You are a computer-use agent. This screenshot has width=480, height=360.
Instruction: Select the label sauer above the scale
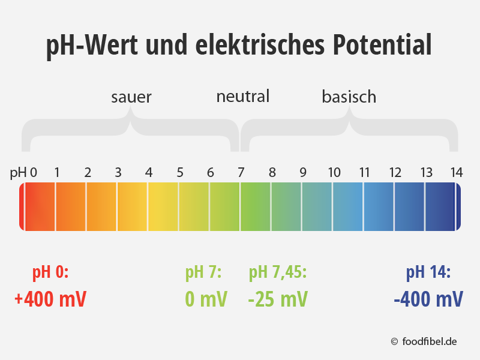click(x=131, y=97)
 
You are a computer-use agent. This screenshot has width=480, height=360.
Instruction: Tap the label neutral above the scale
click(x=243, y=96)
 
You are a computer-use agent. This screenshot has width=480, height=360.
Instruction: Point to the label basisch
click(x=349, y=96)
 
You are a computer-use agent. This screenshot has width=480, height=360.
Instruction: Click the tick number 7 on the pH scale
click(x=241, y=173)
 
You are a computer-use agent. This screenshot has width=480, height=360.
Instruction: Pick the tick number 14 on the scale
click(x=457, y=173)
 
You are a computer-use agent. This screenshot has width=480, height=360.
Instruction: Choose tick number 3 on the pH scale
click(x=118, y=173)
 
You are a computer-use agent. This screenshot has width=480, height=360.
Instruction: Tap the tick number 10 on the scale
click(x=334, y=173)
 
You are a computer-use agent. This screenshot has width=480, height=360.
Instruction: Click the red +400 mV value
click(x=50, y=299)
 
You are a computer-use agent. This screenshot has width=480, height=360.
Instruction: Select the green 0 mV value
click(x=206, y=299)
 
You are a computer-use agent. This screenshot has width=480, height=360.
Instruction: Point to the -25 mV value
click(x=278, y=299)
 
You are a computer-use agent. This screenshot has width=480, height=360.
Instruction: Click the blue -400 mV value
click(x=428, y=299)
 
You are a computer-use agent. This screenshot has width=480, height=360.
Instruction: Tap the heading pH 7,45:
click(x=278, y=272)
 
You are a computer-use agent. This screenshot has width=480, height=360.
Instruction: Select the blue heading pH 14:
click(x=428, y=272)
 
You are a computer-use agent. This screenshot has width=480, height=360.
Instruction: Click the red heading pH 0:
click(x=50, y=272)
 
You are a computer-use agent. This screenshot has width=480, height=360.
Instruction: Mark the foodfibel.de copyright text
click(x=424, y=341)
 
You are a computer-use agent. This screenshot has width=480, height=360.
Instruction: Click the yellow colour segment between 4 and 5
click(x=163, y=206)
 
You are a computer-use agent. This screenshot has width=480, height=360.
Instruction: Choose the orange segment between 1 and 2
click(x=71, y=206)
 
